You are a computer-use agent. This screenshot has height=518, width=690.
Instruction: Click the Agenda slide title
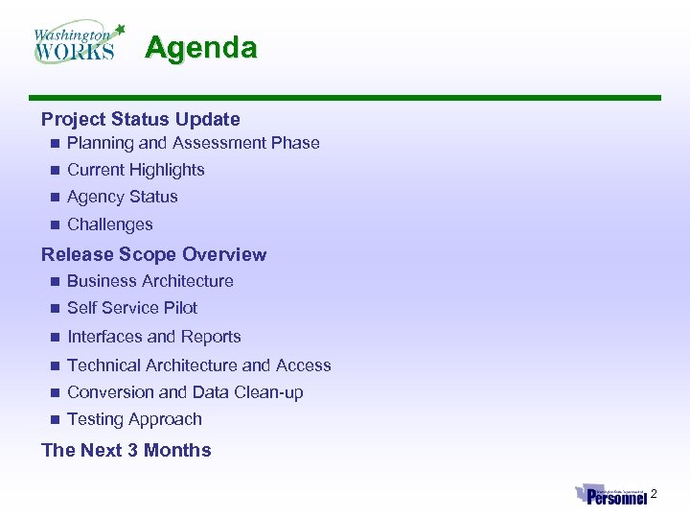point(201,48)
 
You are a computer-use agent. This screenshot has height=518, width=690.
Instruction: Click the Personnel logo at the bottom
point(611,495)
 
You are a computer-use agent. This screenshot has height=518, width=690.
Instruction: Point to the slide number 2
point(654,494)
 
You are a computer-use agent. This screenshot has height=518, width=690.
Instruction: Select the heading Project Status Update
point(140,119)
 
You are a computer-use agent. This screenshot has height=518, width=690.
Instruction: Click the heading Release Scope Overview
point(153,254)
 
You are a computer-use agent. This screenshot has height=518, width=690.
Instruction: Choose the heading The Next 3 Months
point(126,450)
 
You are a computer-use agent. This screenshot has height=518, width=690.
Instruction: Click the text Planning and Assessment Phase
point(193,143)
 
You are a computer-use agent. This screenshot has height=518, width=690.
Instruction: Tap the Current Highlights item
point(135,170)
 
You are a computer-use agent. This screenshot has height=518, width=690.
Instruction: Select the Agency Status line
point(122,197)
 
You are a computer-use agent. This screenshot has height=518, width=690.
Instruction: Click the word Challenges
point(109,224)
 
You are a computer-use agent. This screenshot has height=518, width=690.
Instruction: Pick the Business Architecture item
point(149,281)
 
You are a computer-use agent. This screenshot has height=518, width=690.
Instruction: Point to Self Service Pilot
point(131,308)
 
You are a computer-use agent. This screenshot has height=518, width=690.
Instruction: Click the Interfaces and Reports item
point(153,337)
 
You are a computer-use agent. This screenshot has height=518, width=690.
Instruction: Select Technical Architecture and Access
point(198,365)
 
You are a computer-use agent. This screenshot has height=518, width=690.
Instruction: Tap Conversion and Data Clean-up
point(185,392)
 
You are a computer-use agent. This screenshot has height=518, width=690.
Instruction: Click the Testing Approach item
point(134,419)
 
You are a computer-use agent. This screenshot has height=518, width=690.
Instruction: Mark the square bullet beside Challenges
point(55,224)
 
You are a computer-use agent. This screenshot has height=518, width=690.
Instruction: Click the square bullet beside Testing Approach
point(55,419)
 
